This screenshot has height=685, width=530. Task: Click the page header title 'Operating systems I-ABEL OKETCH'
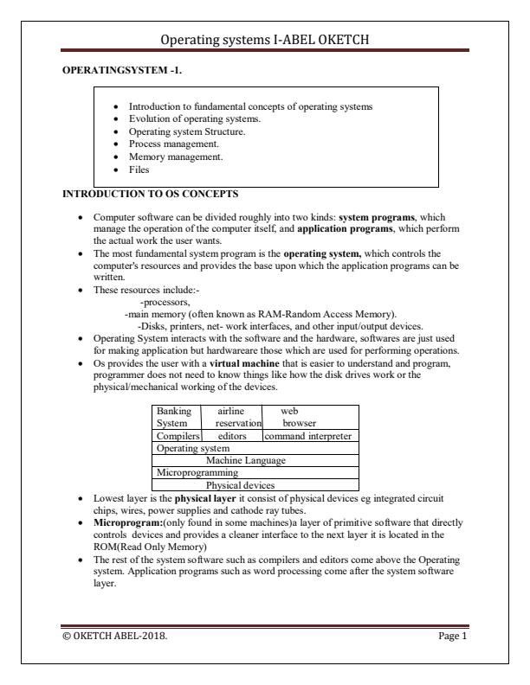(265, 39)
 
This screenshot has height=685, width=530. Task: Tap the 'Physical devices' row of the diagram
(244, 485)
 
